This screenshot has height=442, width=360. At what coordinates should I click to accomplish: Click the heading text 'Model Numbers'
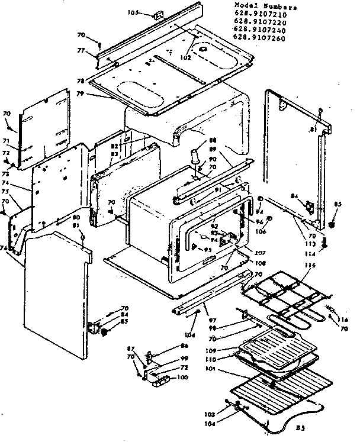(x=264, y=7)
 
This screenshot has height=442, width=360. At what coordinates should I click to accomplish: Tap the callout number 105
(x=132, y=12)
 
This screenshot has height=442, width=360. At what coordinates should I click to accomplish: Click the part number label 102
(x=187, y=57)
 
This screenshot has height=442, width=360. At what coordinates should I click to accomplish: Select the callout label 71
(x=7, y=142)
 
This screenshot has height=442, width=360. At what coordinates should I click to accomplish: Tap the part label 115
(x=308, y=264)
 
